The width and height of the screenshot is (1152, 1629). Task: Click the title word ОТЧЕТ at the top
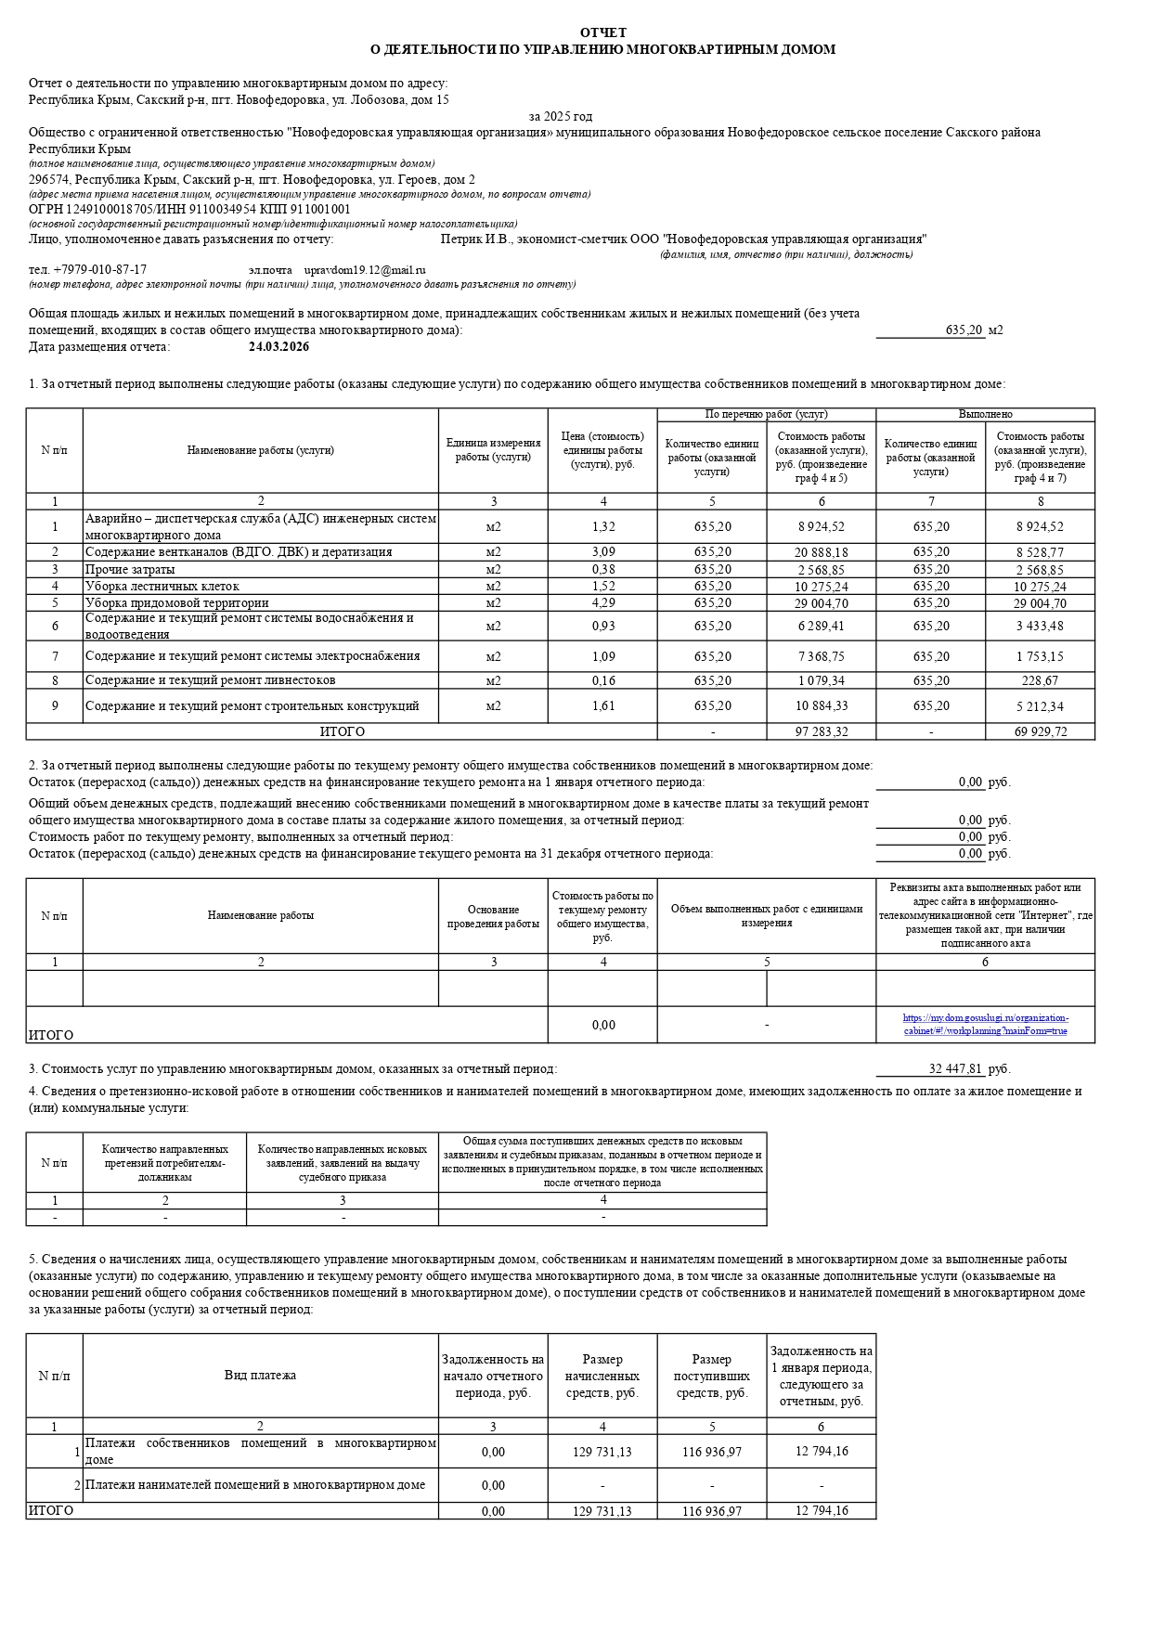coord(602,32)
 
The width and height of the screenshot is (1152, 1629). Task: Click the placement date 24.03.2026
coord(278,347)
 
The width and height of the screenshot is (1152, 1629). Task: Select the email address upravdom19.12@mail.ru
coord(365,270)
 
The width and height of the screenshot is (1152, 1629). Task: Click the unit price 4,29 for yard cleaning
coord(602,603)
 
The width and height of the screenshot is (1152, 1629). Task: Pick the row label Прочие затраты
coord(130,570)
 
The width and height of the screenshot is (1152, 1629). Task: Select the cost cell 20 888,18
coord(822,552)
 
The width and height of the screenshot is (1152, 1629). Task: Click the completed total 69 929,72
coord(1040,732)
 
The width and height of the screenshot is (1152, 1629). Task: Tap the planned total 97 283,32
coord(822,732)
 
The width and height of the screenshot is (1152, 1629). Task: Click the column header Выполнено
coord(985,414)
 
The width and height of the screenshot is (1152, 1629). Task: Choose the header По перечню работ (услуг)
coord(766,414)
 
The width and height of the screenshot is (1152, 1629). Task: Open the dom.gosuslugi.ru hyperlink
coord(985,1025)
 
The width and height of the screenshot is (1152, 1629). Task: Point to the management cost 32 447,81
coord(955,1069)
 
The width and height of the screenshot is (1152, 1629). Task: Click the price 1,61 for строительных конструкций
coord(602,706)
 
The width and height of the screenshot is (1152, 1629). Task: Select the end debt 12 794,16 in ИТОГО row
coord(822,1511)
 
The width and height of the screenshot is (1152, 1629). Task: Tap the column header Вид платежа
coord(260,1376)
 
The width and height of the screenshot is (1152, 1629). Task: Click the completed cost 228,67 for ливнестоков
coord(1040,681)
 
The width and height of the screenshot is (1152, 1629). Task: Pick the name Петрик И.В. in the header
coord(472,239)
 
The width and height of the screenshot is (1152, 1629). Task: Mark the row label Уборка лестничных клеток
coord(162,587)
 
